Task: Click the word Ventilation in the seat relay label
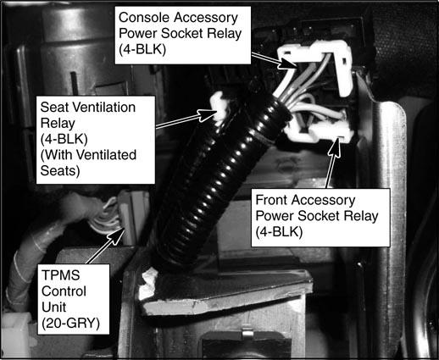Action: tap(108, 108)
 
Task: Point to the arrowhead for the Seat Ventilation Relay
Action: tap(208, 115)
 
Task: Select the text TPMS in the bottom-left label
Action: tap(61, 275)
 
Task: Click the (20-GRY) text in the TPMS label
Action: tap(70, 324)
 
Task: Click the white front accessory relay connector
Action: tap(320, 129)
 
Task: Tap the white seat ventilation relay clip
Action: tap(219, 106)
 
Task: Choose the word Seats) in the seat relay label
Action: tap(60, 171)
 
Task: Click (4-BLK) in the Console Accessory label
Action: tap(142, 50)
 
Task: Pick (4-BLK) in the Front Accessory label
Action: tap(279, 232)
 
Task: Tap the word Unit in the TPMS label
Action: tap(53, 307)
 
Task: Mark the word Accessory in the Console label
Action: tap(206, 18)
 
